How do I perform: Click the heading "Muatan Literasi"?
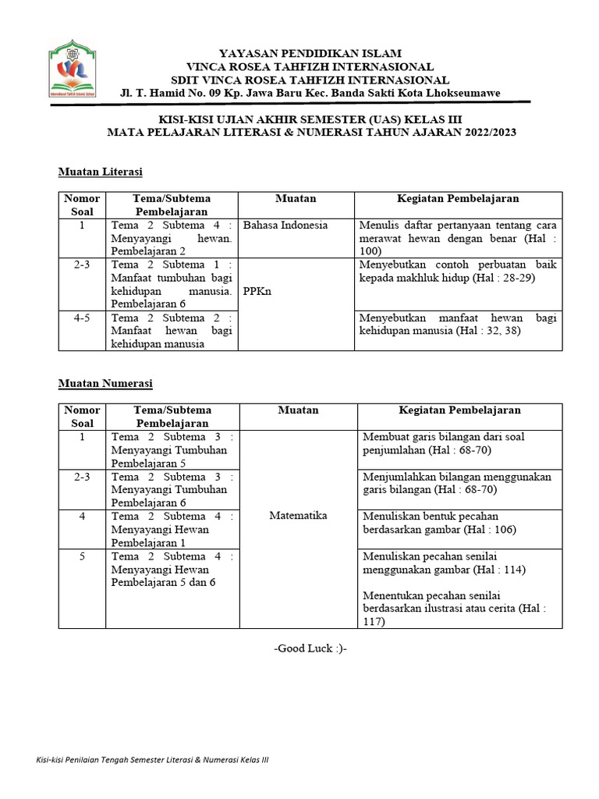coord(100,171)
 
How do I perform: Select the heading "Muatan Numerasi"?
coord(105,383)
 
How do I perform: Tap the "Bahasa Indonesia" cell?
coord(285,225)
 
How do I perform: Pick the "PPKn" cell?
coord(258,290)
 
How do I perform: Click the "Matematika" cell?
coord(298,516)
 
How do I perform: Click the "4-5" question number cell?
coord(82,318)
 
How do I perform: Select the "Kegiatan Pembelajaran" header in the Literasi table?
coord(459,199)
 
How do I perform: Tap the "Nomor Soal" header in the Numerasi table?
coord(82,417)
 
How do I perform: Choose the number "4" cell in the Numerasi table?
coord(82,517)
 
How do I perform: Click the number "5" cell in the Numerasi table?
coord(82,556)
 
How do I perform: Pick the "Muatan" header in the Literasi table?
coord(296,199)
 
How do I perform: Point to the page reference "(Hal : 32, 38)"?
coord(494,331)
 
